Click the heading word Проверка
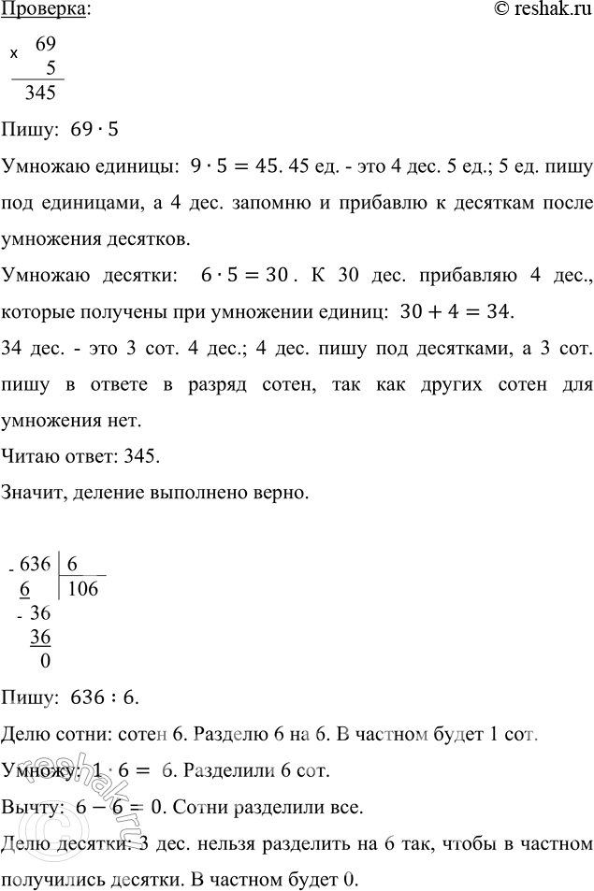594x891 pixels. click(46, 10)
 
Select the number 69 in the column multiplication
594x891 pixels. click(46, 44)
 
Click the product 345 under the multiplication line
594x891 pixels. click(41, 93)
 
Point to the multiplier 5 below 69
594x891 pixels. click(52, 67)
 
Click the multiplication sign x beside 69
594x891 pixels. click(14, 53)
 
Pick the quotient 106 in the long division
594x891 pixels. click(82, 588)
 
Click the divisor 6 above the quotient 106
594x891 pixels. click(72, 565)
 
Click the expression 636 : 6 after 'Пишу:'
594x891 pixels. click(105, 697)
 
